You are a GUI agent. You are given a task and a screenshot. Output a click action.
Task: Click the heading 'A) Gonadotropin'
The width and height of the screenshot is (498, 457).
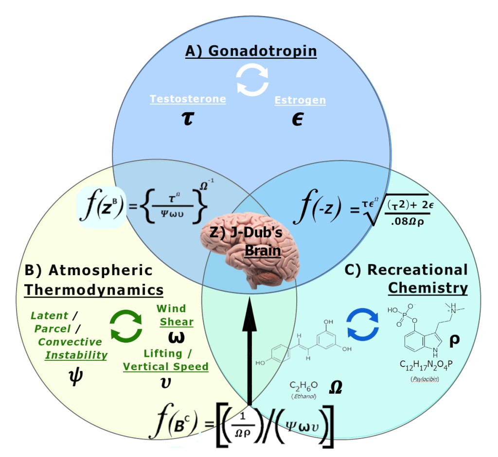point(250,51)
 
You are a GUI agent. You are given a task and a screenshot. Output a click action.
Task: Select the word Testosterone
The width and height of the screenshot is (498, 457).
point(188,99)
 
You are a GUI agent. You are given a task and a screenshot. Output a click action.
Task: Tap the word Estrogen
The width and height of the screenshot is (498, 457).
point(300,101)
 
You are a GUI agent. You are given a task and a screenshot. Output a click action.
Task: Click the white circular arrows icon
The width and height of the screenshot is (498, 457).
point(252,80)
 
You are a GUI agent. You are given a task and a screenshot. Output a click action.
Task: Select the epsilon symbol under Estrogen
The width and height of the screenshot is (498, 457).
point(298,119)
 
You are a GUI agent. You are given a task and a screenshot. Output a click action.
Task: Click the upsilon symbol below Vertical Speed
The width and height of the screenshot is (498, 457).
point(165,382)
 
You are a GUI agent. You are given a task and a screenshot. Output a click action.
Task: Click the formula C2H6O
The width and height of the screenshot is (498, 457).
point(303,385)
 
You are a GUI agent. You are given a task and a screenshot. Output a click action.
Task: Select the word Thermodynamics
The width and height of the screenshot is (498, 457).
point(94,290)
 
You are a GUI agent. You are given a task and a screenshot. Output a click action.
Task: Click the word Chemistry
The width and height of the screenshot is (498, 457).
point(427,288)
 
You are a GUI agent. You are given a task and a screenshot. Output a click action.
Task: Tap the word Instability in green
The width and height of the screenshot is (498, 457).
point(76,355)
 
